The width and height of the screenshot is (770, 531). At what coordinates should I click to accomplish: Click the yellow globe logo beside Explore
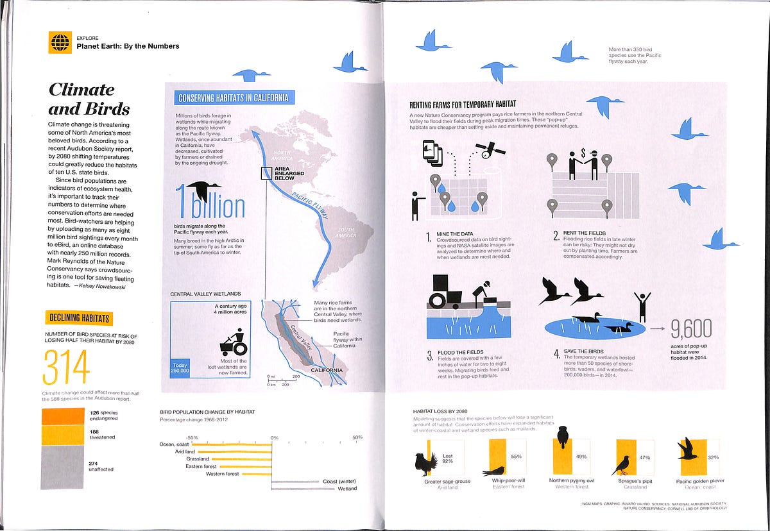pyautogui.click(x=59, y=43)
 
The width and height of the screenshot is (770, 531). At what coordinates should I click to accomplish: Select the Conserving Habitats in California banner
pyautogui.click(x=235, y=97)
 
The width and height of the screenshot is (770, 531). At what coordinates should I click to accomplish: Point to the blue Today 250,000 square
pyautogui.click(x=180, y=367)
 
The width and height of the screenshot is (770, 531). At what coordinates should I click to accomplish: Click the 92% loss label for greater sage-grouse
pyautogui.click(x=447, y=458)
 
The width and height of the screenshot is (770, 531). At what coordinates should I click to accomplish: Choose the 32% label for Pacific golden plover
pyautogui.click(x=712, y=457)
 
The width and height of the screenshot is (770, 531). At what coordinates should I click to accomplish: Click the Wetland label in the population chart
pyautogui.click(x=346, y=489)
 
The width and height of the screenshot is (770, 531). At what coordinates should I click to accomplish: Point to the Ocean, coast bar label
pyautogui.click(x=174, y=444)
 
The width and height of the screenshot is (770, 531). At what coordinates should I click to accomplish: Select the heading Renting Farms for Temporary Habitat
pyautogui.click(x=463, y=104)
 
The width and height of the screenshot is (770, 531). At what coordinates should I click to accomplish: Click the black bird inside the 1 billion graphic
pyautogui.click(x=205, y=190)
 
